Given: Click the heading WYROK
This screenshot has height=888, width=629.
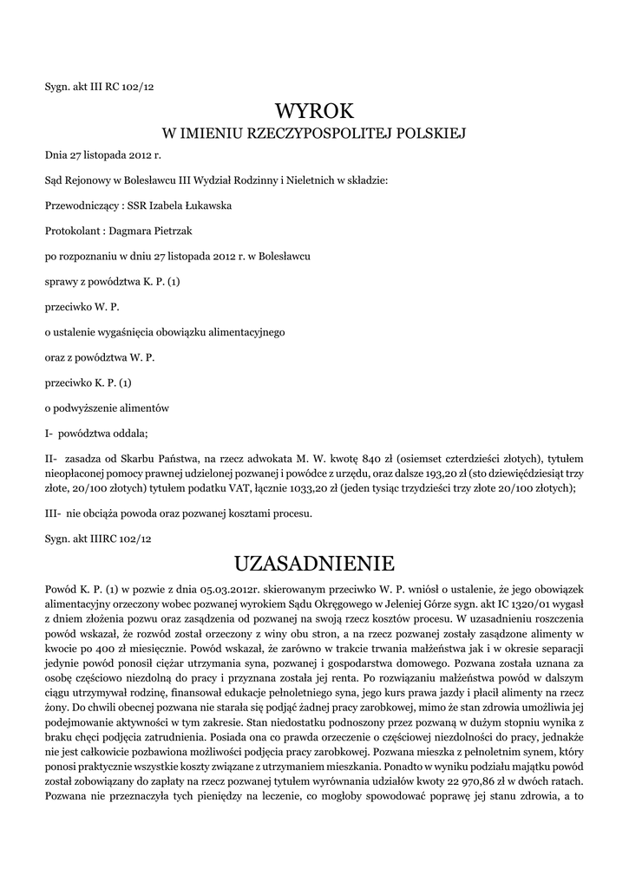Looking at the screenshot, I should [314, 110].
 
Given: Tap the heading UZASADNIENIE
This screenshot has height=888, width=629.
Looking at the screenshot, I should [314, 564].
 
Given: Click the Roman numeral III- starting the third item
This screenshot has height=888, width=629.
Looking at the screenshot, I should [53, 513].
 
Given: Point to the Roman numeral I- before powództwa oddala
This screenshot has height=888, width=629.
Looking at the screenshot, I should [49, 432].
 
